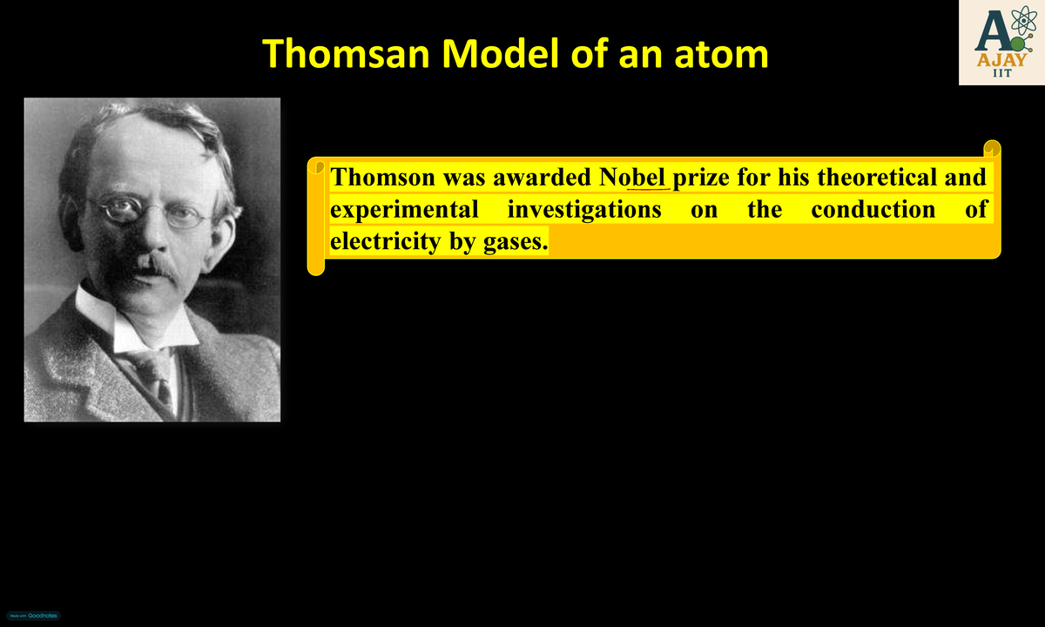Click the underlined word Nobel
click(633, 178)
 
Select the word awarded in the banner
click(542, 178)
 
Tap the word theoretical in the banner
click(876, 178)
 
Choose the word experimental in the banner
click(404, 210)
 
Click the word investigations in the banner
click(583, 210)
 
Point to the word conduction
click(873, 210)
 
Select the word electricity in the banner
click(386, 241)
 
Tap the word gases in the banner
click(516, 241)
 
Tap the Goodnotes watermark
click(30, 616)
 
